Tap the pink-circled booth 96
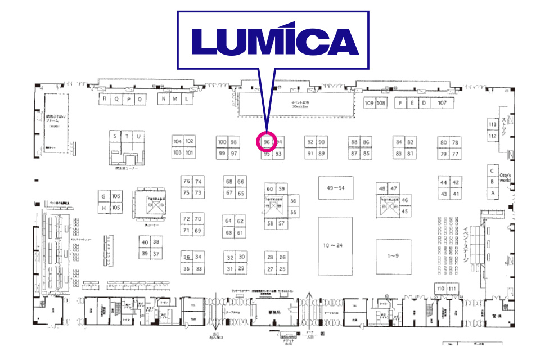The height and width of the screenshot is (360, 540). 267,141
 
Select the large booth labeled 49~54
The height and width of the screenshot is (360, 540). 336,188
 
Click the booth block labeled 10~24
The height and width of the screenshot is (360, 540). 335,245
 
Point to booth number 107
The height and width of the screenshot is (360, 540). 442,103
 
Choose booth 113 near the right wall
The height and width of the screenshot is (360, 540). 493,124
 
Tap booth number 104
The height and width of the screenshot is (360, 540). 178,141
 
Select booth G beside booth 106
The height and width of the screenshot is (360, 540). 103,196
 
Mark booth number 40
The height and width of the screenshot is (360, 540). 145,242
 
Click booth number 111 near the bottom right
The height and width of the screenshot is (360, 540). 452,289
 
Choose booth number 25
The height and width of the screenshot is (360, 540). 282,269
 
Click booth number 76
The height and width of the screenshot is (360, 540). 187,181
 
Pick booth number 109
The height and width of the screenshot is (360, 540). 369,103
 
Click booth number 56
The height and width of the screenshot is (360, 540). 293,201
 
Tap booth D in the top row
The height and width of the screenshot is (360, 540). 425,103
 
